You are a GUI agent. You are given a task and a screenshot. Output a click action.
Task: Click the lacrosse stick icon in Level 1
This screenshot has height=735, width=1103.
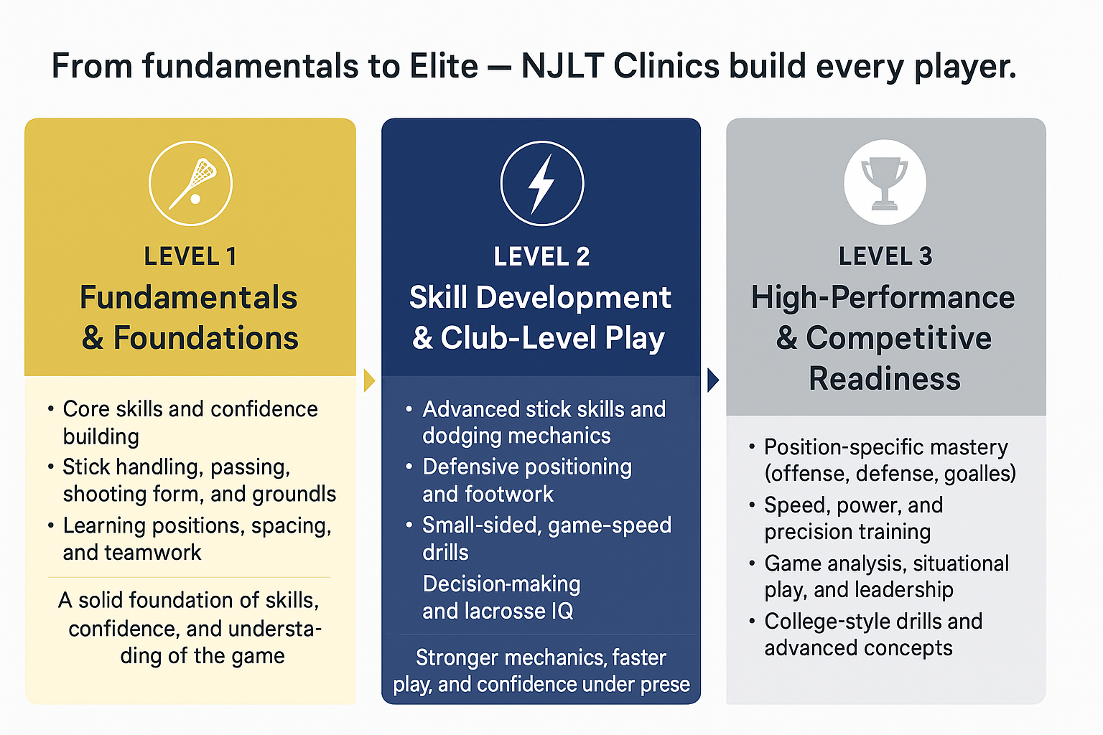pyautogui.click(x=191, y=183)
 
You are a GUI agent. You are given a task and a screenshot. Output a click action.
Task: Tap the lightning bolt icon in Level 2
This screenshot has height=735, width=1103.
pyautogui.click(x=541, y=183)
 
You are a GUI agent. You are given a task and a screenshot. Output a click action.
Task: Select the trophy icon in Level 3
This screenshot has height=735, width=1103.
pyautogui.click(x=885, y=182)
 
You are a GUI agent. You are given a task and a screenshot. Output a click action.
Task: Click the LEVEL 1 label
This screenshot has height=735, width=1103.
pyautogui.click(x=190, y=256)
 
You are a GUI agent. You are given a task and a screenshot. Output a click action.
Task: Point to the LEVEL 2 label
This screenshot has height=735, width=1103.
pyautogui.click(x=541, y=256)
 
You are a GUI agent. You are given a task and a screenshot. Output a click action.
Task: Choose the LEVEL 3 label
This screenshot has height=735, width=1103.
pyautogui.click(x=885, y=256)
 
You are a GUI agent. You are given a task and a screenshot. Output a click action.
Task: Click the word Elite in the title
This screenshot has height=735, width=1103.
pyautogui.click(x=444, y=67)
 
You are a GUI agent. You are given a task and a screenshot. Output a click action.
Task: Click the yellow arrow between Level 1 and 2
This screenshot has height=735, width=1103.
pyautogui.click(x=369, y=380)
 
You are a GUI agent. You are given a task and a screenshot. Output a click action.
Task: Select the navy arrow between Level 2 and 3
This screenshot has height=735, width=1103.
pyautogui.click(x=712, y=380)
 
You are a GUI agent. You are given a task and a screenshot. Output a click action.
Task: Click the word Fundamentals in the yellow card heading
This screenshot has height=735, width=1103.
pyautogui.click(x=189, y=297)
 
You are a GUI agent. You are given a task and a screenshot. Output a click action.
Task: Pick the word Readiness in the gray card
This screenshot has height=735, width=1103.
pyautogui.click(x=885, y=378)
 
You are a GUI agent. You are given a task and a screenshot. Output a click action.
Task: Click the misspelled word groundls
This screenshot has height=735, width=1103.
pyautogui.click(x=295, y=494)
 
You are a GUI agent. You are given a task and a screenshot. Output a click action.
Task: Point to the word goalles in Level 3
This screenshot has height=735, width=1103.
pyautogui.click(x=979, y=474)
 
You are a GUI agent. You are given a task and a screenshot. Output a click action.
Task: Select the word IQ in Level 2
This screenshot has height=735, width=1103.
pyautogui.click(x=562, y=611)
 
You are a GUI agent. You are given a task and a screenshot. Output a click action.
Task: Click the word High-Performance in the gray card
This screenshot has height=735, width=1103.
pyautogui.click(x=883, y=297)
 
